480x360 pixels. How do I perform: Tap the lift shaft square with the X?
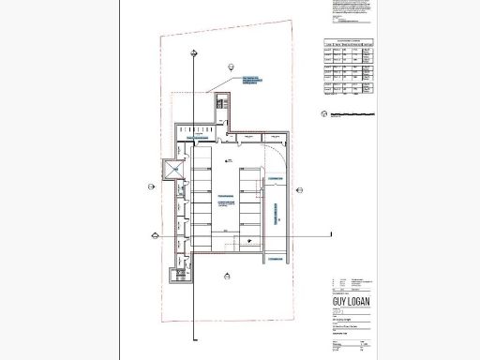[x=173, y=171]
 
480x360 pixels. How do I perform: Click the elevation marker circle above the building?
[x=229, y=65]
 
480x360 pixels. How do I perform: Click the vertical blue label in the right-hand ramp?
[x=277, y=216]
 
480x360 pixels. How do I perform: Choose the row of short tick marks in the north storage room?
[x=193, y=127]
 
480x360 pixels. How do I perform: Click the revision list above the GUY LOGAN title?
[x=350, y=283]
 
